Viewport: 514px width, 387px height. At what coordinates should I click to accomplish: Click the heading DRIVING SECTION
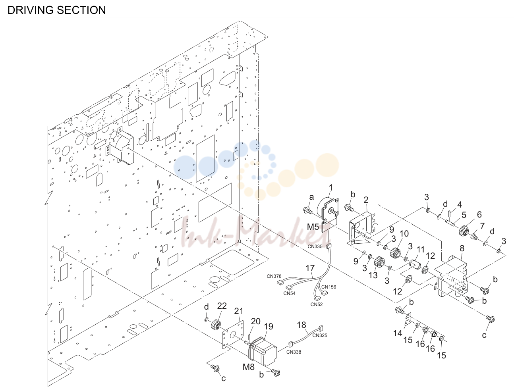(57, 10)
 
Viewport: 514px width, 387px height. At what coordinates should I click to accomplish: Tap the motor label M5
(313, 227)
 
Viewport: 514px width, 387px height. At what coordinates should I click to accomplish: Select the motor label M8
(248, 367)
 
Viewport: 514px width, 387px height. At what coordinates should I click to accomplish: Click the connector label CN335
(315, 246)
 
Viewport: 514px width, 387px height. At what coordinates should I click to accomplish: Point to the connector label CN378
(274, 276)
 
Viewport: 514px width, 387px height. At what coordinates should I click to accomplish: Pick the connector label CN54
(290, 293)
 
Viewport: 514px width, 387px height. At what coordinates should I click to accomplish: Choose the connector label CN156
(329, 287)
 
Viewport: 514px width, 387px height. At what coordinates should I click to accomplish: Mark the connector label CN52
(317, 304)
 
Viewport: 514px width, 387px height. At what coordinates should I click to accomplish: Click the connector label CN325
(320, 335)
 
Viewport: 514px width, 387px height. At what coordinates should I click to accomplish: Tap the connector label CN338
(294, 352)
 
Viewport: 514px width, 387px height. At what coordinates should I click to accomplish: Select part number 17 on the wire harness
(310, 268)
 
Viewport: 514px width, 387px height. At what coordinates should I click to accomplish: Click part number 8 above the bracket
(462, 248)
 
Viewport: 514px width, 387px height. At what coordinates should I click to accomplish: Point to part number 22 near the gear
(222, 306)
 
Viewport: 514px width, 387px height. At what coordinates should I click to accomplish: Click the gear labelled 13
(380, 262)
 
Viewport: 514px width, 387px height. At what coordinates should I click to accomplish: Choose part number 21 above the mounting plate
(239, 311)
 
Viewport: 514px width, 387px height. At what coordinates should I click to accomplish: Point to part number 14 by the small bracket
(398, 333)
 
